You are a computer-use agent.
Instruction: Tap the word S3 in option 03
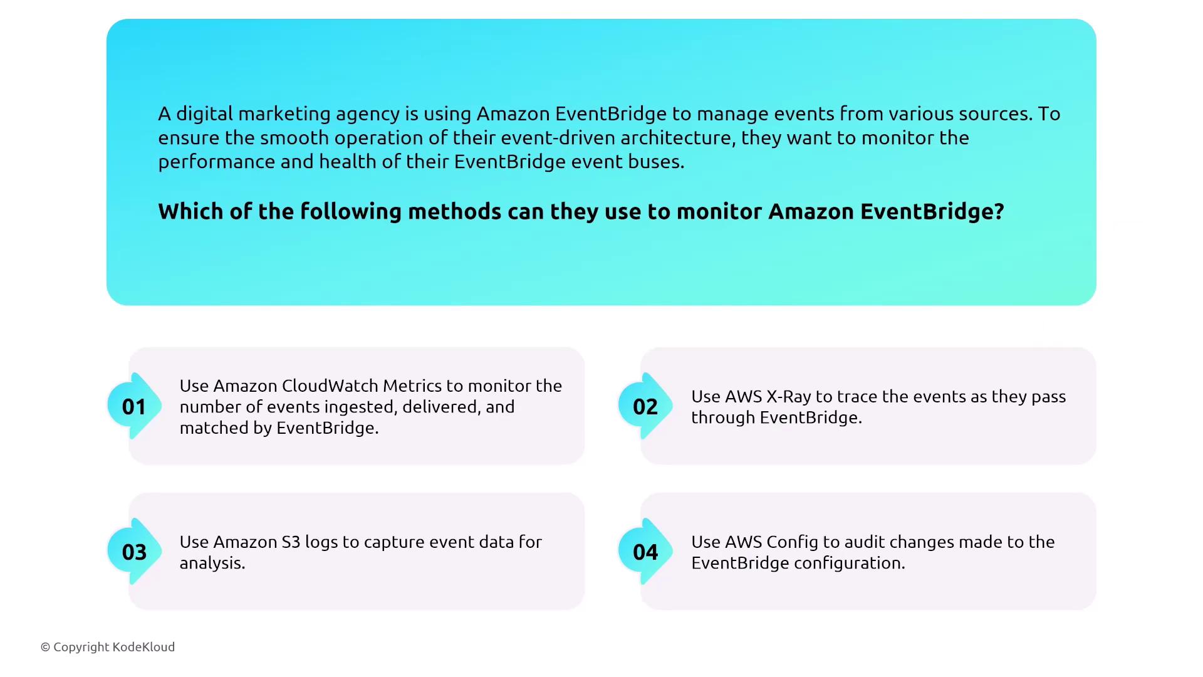pyautogui.click(x=291, y=542)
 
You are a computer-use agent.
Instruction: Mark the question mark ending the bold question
pyautogui.click(x=999, y=211)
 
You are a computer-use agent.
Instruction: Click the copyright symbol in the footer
pyautogui.click(x=45, y=647)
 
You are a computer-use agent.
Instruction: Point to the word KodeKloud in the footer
pyautogui.click(x=143, y=647)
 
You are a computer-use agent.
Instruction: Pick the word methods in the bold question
pyautogui.click(x=454, y=211)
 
